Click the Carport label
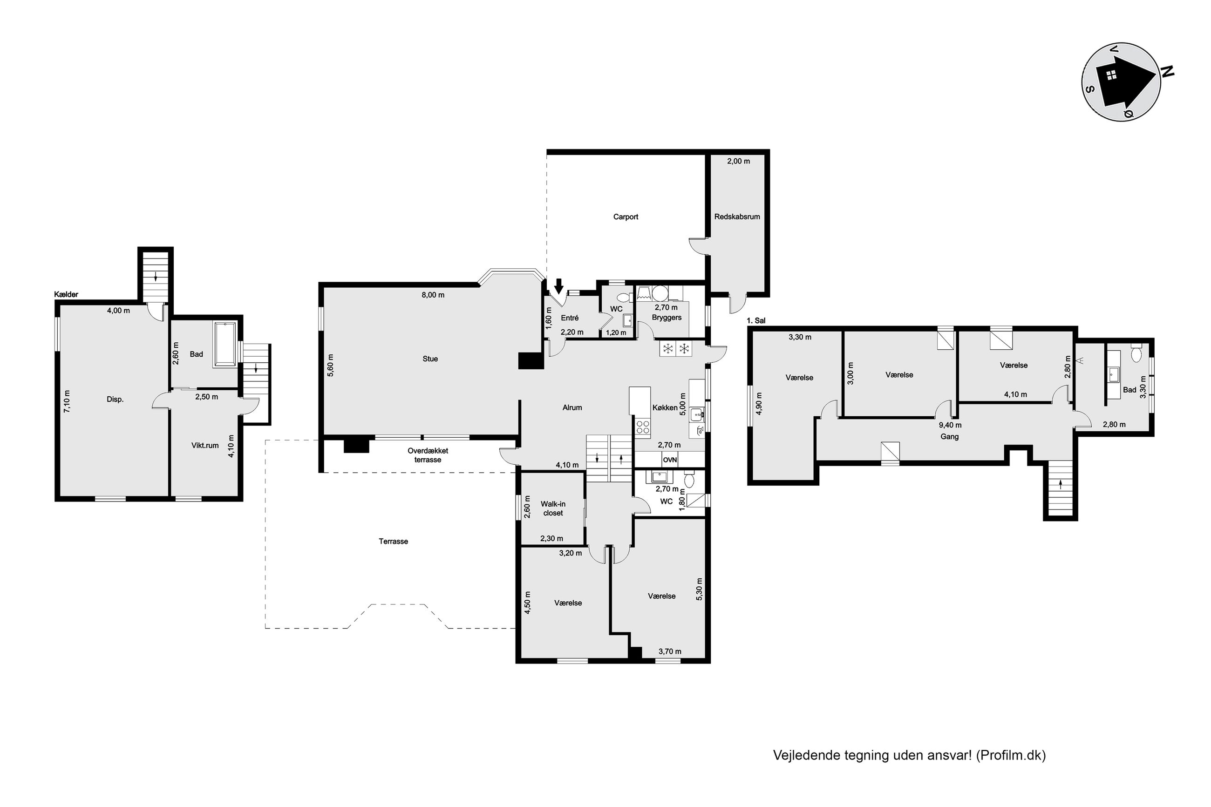(626, 217)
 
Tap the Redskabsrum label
(737, 217)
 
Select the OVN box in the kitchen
(670, 460)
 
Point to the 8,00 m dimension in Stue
(433, 295)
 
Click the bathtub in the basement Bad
(225, 344)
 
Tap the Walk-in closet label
(553, 509)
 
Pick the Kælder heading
(66, 294)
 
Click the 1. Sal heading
(756, 321)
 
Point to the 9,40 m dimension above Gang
(950, 425)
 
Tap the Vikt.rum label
(205, 445)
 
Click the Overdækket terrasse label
(428, 455)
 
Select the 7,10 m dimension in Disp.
(67, 401)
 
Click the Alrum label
(572, 407)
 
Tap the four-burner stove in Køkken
(643, 426)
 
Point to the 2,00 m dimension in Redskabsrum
(739, 161)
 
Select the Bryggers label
(667, 318)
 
